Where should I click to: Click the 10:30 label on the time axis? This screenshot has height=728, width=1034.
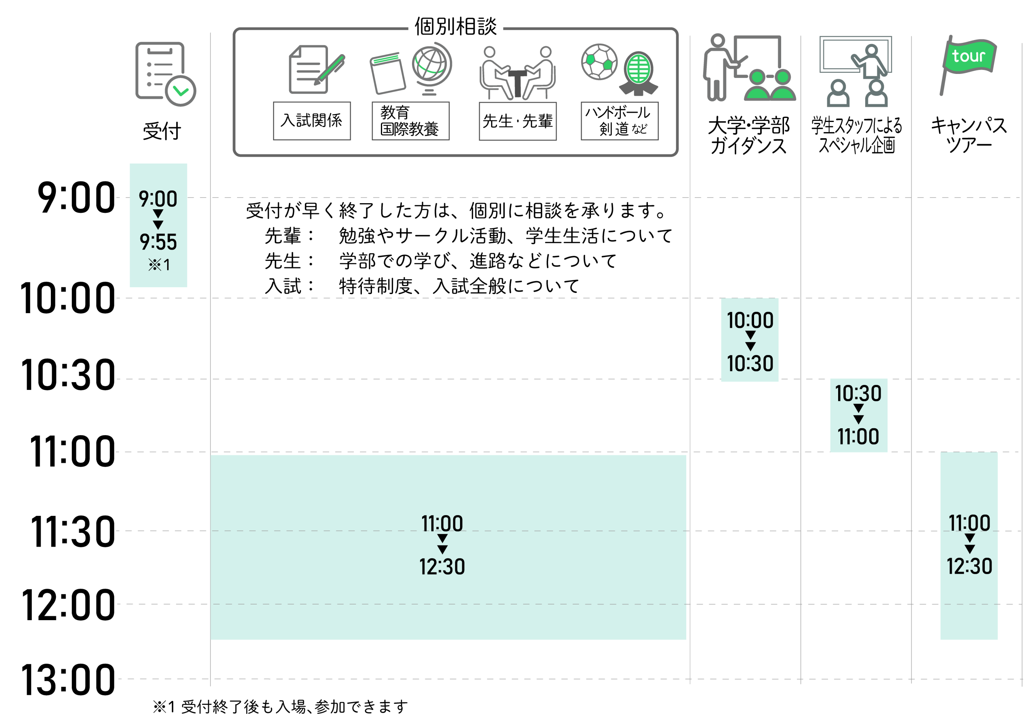tap(67, 375)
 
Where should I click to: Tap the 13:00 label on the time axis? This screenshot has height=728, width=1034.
tap(67, 680)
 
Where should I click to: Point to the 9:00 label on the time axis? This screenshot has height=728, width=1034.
tap(76, 198)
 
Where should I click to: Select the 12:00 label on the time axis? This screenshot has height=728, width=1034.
tap(67, 605)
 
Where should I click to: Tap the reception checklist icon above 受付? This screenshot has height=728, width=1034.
tap(164, 74)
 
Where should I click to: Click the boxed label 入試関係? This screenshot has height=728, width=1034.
tap(312, 121)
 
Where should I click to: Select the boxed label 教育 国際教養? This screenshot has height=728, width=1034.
tap(410, 121)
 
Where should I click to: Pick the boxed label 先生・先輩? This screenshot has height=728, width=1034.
tap(517, 121)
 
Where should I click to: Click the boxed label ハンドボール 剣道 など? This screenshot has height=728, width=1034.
tap(619, 121)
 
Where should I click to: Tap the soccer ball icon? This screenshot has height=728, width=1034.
tap(599, 62)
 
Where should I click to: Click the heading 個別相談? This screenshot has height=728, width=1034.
tap(455, 27)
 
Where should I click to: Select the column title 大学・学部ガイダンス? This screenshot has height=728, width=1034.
tap(748, 135)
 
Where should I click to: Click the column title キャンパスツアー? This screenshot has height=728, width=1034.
tap(969, 135)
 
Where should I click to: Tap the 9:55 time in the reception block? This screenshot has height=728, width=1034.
tap(158, 242)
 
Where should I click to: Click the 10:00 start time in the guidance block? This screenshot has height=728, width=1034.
tap(750, 320)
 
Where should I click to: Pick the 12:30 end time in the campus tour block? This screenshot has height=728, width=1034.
tap(969, 566)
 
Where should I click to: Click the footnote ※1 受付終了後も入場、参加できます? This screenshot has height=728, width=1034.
tap(280, 706)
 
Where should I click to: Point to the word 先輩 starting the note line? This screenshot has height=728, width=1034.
tap(283, 236)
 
